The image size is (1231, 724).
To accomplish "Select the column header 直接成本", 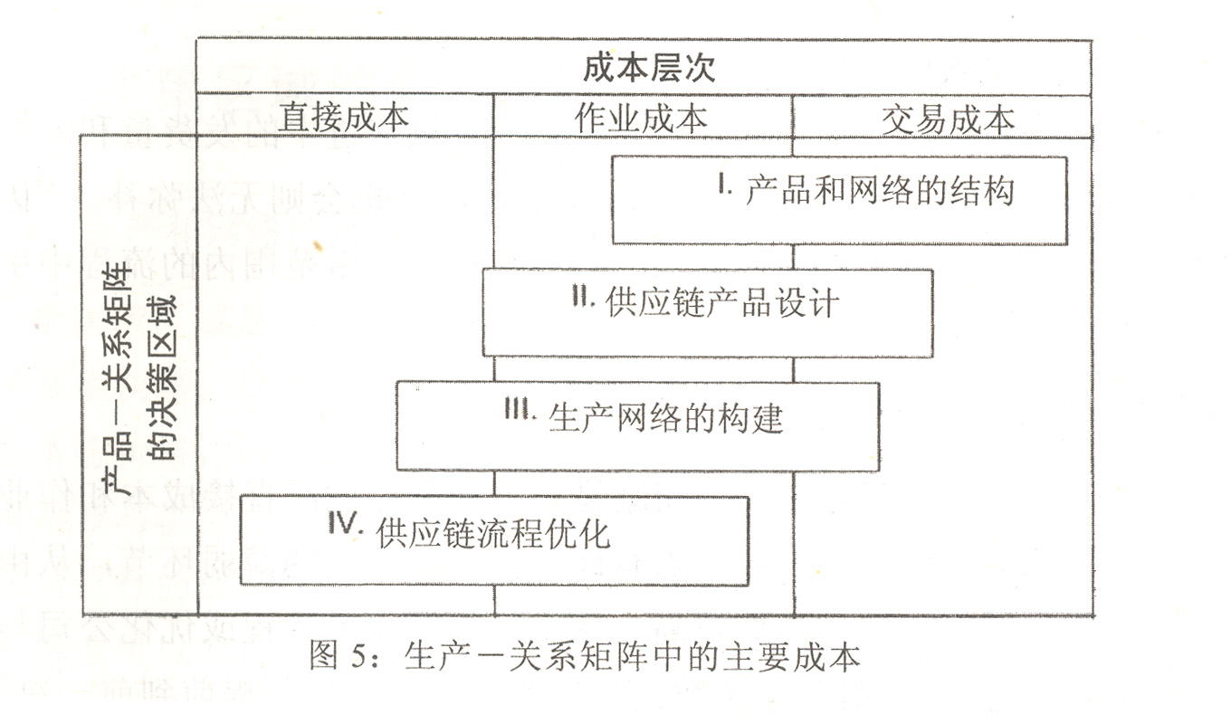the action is click(343, 118).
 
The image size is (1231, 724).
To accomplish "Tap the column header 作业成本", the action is click(641, 118).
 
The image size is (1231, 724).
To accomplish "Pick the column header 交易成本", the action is click(948, 119).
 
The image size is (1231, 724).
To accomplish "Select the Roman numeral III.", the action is click(522, 411).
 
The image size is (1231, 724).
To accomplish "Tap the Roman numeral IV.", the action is click(345, 524).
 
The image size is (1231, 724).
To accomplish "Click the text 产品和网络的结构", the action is click(880, 191).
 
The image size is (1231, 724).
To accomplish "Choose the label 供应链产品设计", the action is click(723, 304).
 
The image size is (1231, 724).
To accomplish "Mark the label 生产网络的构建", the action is click(666, 418).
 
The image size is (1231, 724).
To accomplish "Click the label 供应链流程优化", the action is click(493, 533).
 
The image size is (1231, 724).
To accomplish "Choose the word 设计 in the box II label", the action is click(809, 304).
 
